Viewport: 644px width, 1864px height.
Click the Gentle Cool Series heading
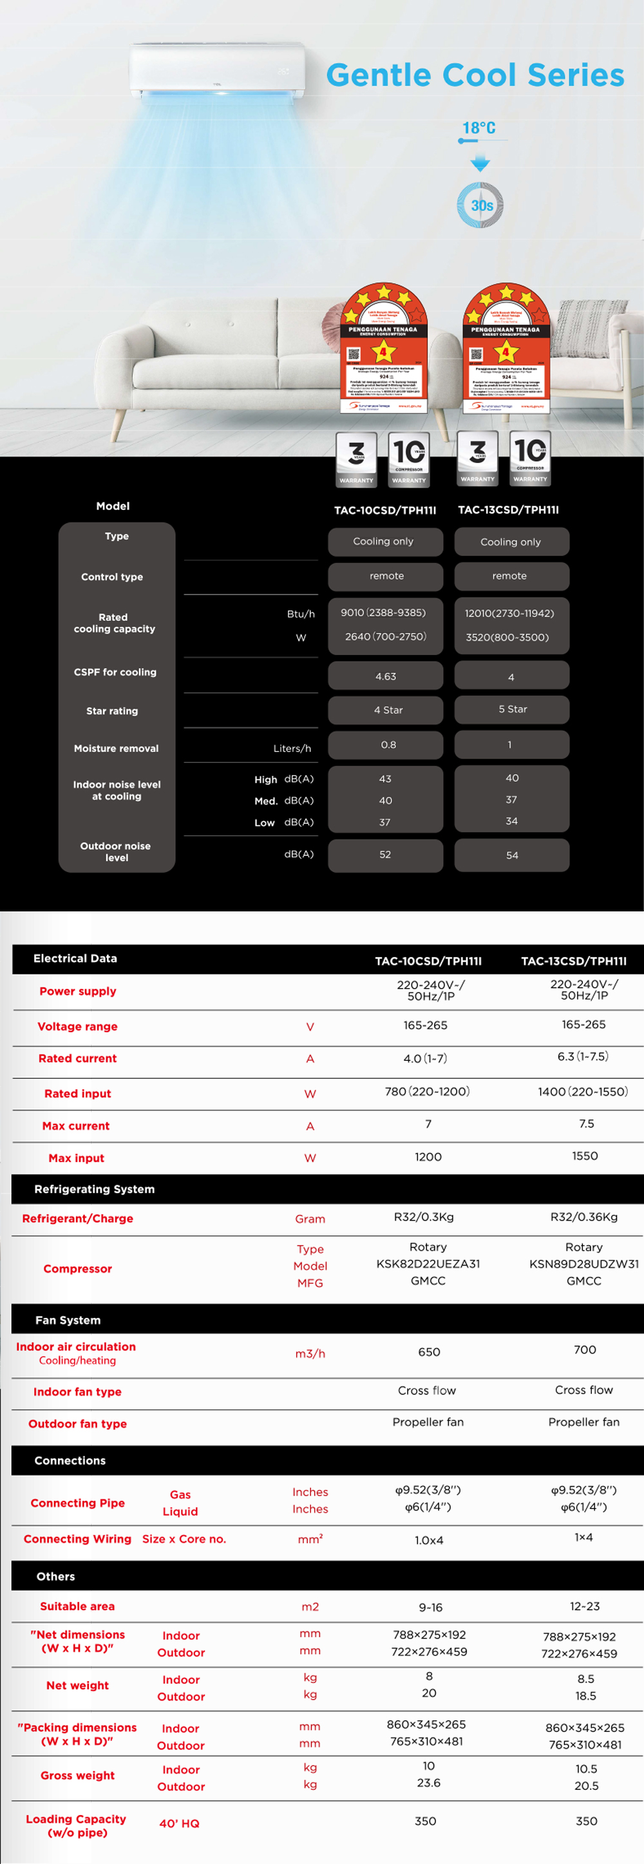[x=475, y=75]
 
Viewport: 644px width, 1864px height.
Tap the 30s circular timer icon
[x=480, y=205]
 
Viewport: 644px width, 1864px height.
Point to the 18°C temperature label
[x=479, y=128]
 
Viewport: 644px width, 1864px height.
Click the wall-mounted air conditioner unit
[x=217, y=70]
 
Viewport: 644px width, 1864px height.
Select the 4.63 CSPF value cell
[x=386, y=676]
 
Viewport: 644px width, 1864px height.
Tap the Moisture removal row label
[x=116, y=748]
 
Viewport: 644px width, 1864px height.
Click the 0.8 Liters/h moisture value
[x=388, y=745]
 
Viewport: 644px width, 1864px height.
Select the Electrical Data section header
[x=75, y=958]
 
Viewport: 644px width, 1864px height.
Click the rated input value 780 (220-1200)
[x=427, y=1091]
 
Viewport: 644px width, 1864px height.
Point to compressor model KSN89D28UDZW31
[x=584, y=1264]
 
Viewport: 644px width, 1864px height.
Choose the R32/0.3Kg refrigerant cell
[x=424, y=1217]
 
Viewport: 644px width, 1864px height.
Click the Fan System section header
[x=68, y=1320]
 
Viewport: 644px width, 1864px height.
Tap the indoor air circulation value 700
[x=585, y=1349]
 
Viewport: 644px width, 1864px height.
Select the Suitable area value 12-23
[x=585, y=1606]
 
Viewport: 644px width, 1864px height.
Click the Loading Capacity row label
[x=76, y=1825]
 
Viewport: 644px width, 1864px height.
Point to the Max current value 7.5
[x=586, y=1124]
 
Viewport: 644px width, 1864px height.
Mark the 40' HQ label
[x=180, y=1823]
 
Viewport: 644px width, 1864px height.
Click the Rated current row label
[x=77, y=1058]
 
